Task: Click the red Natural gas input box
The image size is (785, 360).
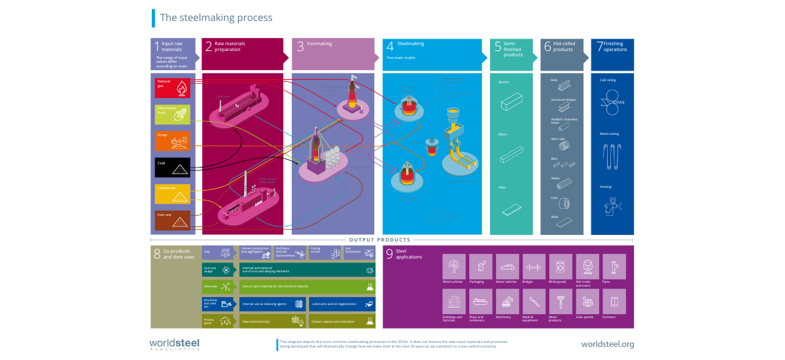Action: [x=173, y=88]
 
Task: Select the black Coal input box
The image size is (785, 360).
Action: [x=173, y=167]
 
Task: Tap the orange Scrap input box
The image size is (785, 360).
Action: [x=173, y=140]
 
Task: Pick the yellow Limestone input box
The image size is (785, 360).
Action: [x=173, y=194]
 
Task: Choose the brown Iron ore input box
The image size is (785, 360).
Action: [x=173, y=221]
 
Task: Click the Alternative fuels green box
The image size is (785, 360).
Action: [x=173, y=114]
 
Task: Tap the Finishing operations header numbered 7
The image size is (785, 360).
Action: [x=612, y=53]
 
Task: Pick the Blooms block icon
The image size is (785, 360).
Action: [x=515, y=104]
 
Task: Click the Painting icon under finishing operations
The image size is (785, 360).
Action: [x=612, y=205]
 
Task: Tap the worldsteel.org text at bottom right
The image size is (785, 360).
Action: [x=607, y=344]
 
